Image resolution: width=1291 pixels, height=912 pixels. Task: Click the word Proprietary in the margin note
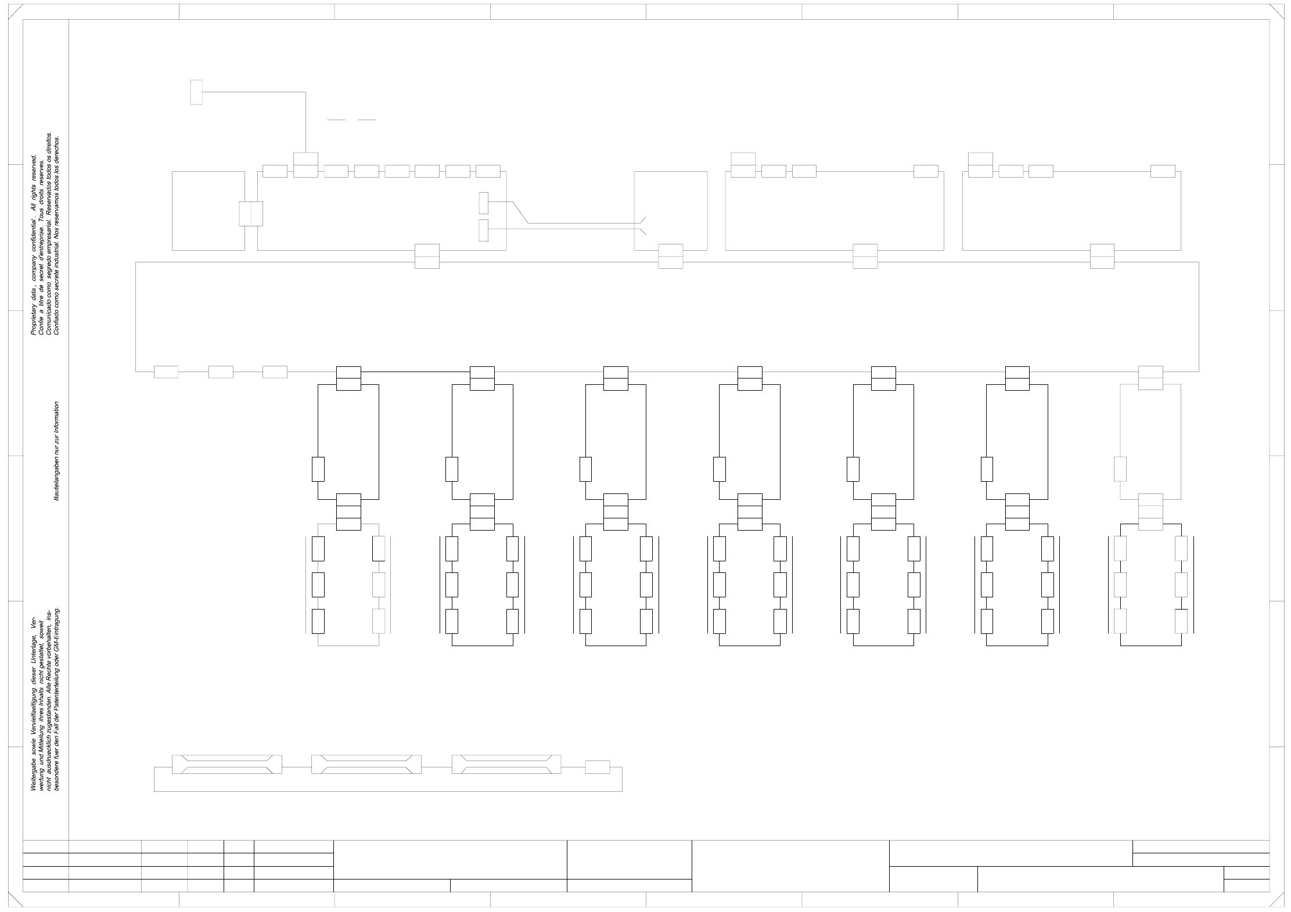[x=33, y=317]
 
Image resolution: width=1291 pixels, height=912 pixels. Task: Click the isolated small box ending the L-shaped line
[x=196, y=92]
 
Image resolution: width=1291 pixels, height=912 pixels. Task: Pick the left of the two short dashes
[x=336, y=120]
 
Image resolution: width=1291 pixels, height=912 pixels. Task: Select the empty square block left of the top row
[x=208, y=211]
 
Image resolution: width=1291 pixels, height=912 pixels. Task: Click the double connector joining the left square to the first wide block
[x=251, y=214]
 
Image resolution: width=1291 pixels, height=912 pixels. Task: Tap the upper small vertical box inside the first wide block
[x=484, y=203]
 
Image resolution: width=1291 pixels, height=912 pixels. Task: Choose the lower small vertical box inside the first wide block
[x=484, y=230]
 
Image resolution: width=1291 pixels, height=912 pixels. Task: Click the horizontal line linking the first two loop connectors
[x=415, y=372]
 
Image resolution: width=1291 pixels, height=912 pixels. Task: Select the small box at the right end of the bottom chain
[x=597, y=767]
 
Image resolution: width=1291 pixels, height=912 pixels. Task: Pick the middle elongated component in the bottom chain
[x=366, y=764]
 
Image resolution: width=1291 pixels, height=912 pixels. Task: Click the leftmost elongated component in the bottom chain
[x=227, y=764]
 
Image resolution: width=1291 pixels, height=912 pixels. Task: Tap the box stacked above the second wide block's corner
[x=743, y=158]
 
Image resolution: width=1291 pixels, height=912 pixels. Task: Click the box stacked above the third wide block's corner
[x=980, y=158]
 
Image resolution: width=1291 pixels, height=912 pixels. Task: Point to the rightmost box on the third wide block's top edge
[x=1163, y=171]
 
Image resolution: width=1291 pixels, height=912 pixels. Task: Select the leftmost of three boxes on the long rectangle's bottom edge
[x=166, y=372]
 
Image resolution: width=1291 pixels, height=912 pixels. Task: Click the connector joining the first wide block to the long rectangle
[x=427, y=256]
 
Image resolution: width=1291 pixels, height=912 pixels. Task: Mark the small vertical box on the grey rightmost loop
[x=1120, y=469]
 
